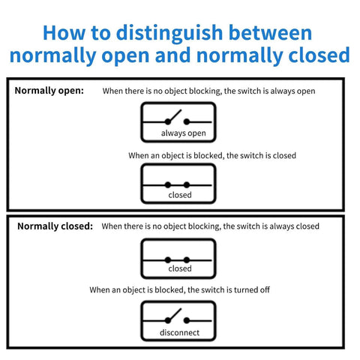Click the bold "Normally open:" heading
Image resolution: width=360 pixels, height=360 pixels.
tap(49, 91)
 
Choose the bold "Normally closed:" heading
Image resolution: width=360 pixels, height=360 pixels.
tap(55, 226)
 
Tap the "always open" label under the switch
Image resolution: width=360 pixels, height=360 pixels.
tap(183, 133)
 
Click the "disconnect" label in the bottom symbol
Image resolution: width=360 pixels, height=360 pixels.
tap(178, 332)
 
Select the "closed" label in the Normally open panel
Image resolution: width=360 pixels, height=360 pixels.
tap(180, 195)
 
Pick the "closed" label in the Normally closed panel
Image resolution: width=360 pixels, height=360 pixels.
tap(180, 268)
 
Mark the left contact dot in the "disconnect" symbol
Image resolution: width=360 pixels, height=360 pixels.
tap(167, 319)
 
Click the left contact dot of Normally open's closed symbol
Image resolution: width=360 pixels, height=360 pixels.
tap(167, 184)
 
